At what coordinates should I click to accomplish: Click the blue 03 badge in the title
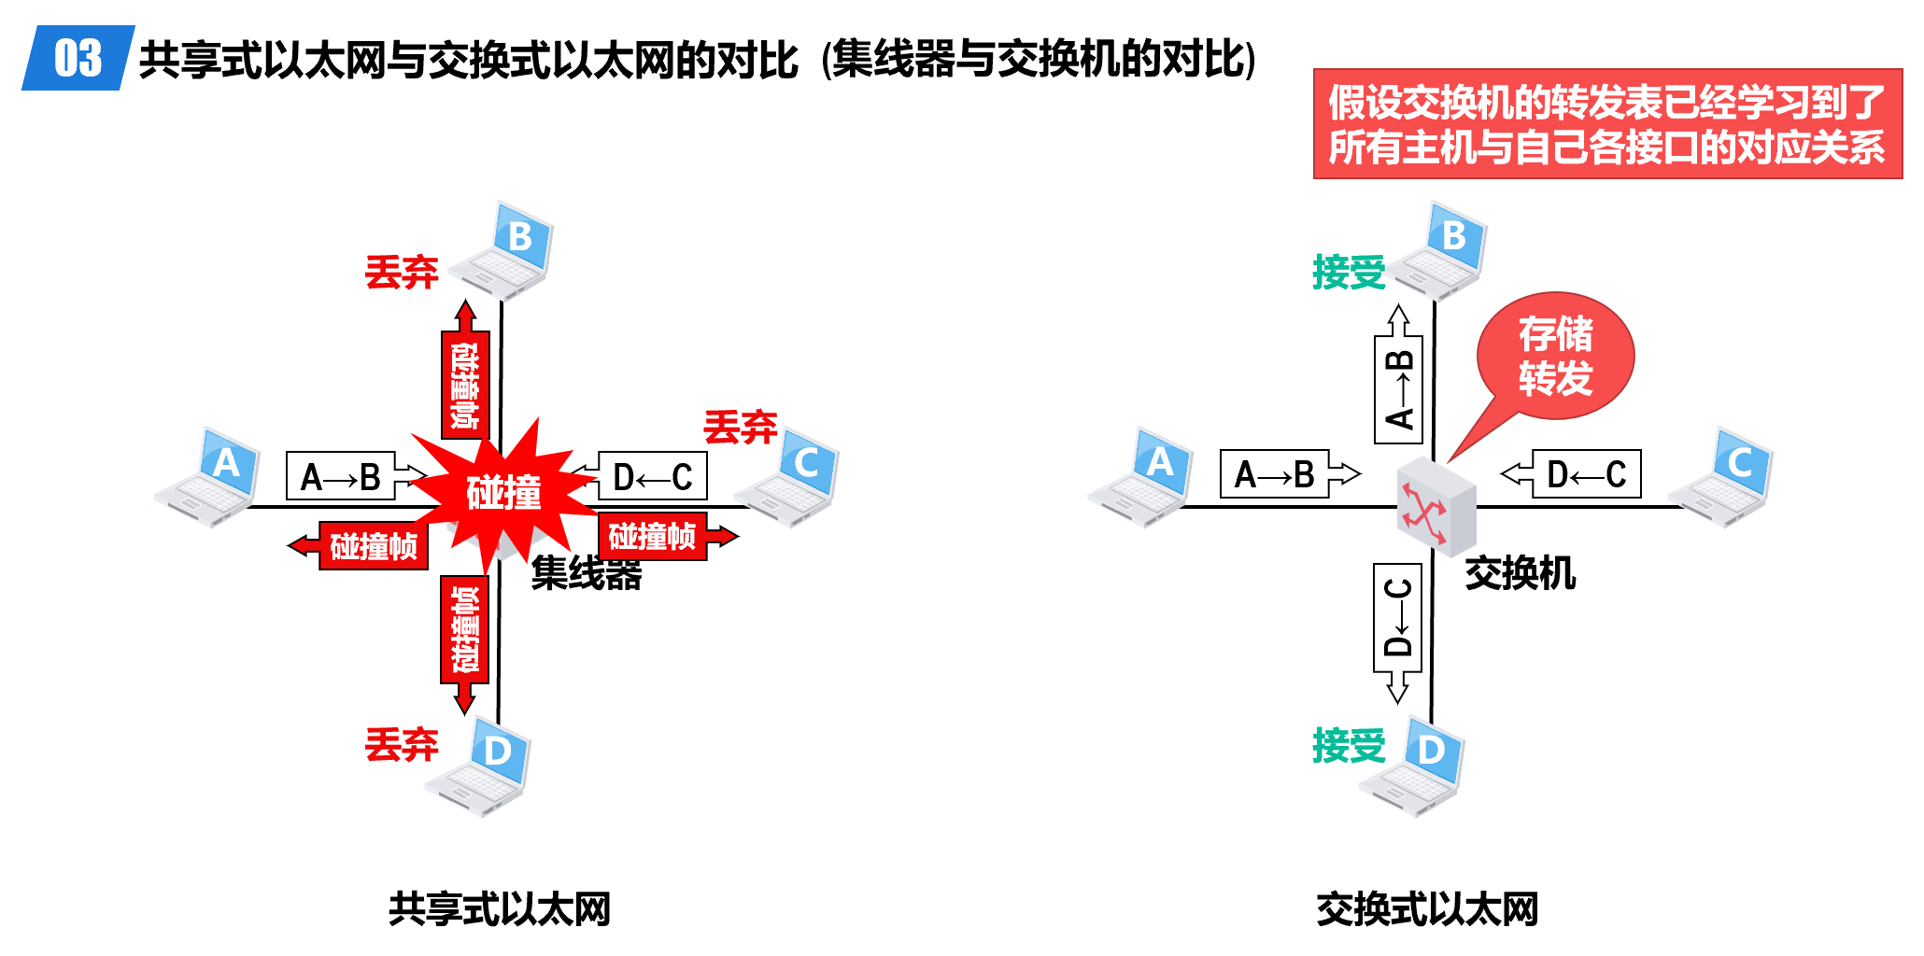[78, 58]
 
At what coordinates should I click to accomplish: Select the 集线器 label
[587, 573]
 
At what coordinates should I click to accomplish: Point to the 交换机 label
[1520, 573]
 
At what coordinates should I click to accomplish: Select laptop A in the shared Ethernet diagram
[210, 478]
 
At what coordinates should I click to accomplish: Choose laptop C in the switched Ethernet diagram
[1724, 478]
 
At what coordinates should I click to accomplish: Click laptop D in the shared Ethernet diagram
[481, 766]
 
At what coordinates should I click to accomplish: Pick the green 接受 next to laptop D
[1348, 746]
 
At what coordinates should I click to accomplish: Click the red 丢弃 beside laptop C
[740, 428]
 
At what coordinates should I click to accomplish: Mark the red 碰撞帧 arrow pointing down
[464, 640]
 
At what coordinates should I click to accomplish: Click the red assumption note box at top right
[1606, 124]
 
